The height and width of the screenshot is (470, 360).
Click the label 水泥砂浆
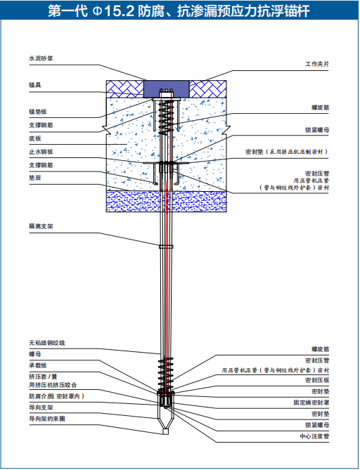point(41,58)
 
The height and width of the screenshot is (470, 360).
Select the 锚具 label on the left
point(34,85)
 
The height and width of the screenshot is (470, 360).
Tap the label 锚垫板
point(38,112)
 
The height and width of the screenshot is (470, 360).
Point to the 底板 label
point(34,138)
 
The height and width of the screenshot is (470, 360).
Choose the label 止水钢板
point(41,152)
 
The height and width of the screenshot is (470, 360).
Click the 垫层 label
point(34,178)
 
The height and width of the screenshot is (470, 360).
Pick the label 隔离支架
point(41,226)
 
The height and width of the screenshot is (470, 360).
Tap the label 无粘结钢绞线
point(47,343)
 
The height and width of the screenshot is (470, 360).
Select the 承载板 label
point(38,365)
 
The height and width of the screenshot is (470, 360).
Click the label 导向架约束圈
point(47,419)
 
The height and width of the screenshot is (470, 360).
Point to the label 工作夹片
point(317,64)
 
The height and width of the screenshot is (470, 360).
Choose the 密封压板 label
point(317,380)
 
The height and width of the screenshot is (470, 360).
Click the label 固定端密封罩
point(311,403)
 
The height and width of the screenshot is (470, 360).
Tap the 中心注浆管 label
point(314,436)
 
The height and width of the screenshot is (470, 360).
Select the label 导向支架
point(41,407)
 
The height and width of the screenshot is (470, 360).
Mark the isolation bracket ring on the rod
point(166,247)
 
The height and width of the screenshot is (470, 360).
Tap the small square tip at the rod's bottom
point(166,431)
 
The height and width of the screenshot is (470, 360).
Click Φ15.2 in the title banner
point(113,11)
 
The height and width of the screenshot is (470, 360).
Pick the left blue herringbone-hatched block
point(125,89)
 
